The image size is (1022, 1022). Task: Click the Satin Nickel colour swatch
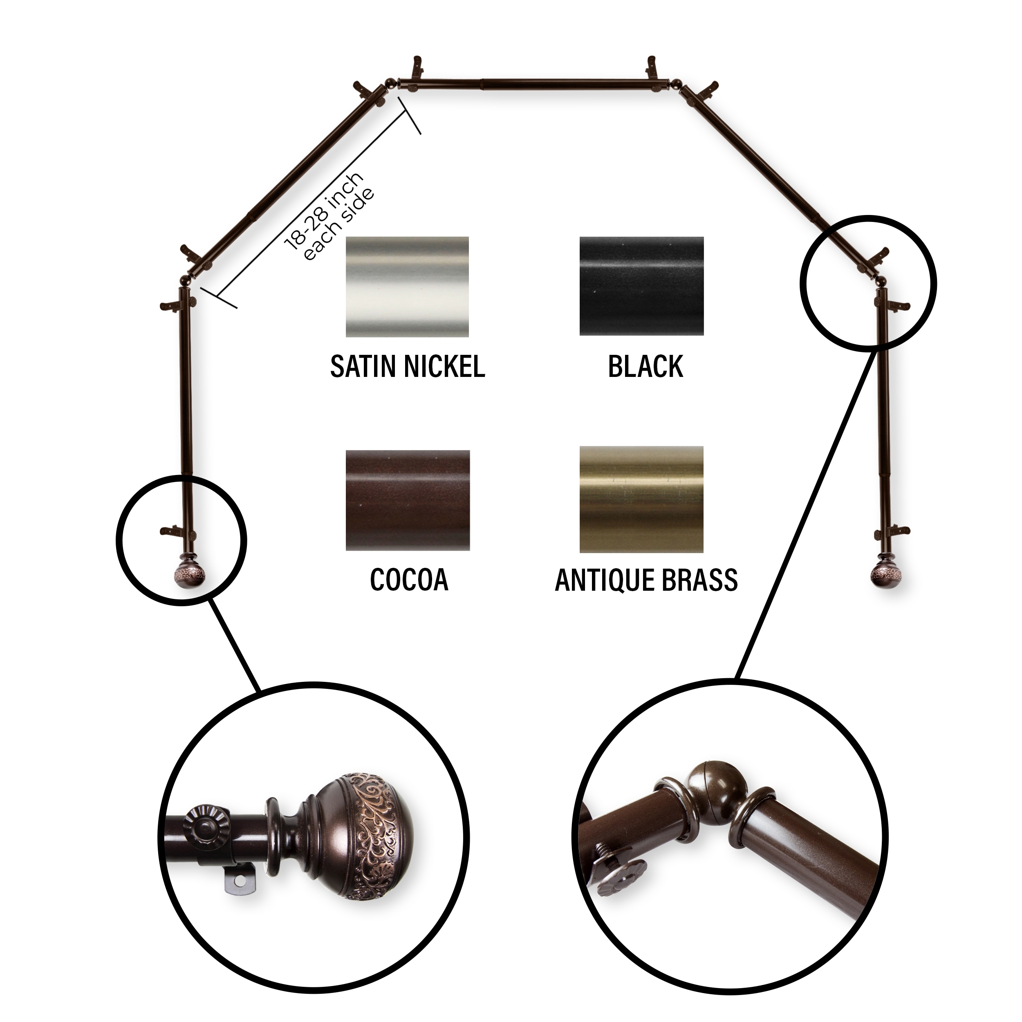tap(407, 287)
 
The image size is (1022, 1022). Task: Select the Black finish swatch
tap(642, 286)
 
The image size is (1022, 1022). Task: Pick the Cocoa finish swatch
tap(408, 500)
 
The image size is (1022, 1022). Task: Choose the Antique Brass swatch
tap(642, 500)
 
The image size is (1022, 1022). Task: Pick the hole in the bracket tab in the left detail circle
tap(244, 881)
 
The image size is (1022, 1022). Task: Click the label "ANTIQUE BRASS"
tap(646, 580)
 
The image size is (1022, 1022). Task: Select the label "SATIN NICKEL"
tap(407, 366)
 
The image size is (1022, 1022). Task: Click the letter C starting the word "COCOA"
tap(378, 580)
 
